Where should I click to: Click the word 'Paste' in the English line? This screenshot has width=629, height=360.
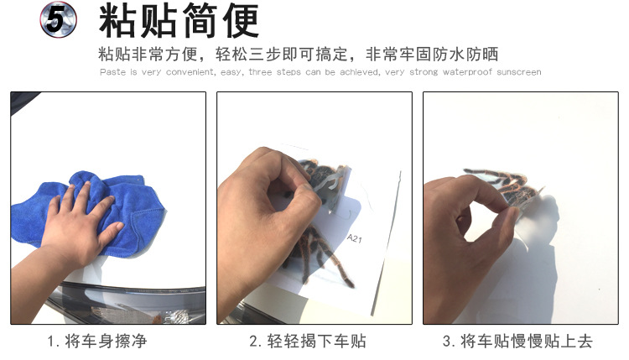[112, 72]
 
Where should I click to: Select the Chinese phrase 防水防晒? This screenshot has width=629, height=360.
[466, 55]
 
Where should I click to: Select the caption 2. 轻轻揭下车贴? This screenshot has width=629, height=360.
[308, 342]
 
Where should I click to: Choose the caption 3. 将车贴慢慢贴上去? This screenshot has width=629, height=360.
[517, 342]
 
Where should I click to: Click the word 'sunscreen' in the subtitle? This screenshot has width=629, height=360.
[518, 72]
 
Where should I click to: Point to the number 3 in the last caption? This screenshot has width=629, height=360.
[447, 342]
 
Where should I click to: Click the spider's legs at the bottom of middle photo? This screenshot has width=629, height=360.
[319, 269]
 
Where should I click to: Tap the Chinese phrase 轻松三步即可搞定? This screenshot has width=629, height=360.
[278, 55]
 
